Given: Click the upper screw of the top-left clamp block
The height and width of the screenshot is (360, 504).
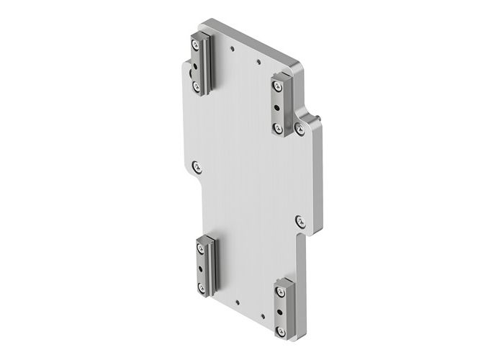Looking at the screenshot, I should [x=196, y=45].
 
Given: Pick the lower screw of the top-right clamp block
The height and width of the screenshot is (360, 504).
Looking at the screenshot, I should [x=278, y=127].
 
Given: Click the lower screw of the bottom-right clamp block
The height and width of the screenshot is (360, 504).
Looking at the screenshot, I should [x=281, y=331].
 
